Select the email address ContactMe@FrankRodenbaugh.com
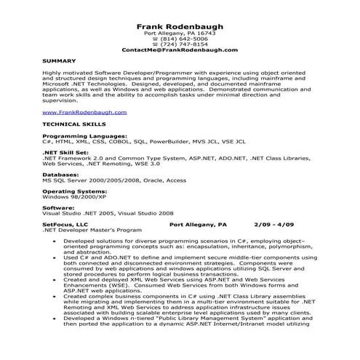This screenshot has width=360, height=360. point(180,50)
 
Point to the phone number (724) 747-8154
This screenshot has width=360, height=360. point(183,44)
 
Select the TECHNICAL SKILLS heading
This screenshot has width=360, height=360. point(71,125)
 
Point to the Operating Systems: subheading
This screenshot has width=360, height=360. point(72,192)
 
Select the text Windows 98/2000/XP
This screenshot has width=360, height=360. point(71,198)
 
